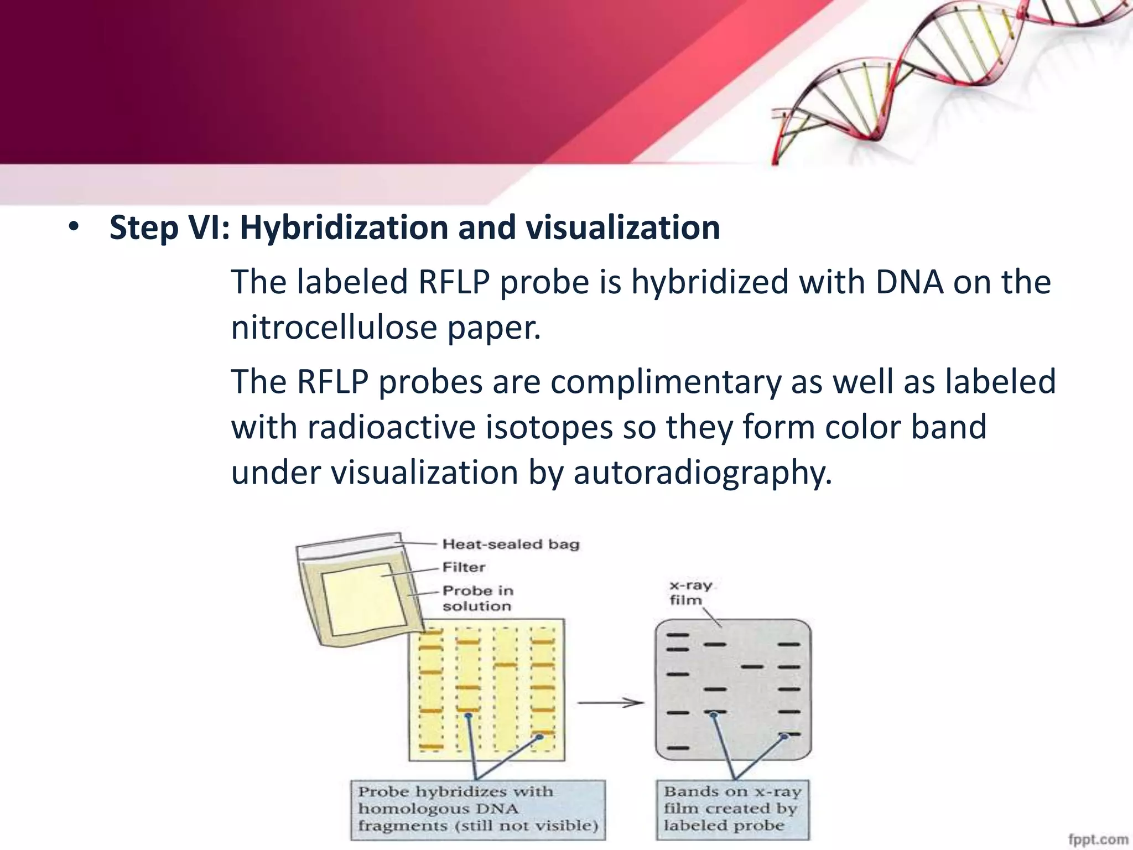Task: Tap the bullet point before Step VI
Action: point(74,227)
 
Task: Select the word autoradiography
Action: point(702,473)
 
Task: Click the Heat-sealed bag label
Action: point(511,544)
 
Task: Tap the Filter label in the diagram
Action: point(464,567)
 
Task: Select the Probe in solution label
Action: point(477,598)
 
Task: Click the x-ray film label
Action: point(689,593)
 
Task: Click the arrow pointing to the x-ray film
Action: point(611,703)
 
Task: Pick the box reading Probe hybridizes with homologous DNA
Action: point(478,809)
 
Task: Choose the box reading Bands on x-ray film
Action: point(732,809)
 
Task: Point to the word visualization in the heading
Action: point(622,228)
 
